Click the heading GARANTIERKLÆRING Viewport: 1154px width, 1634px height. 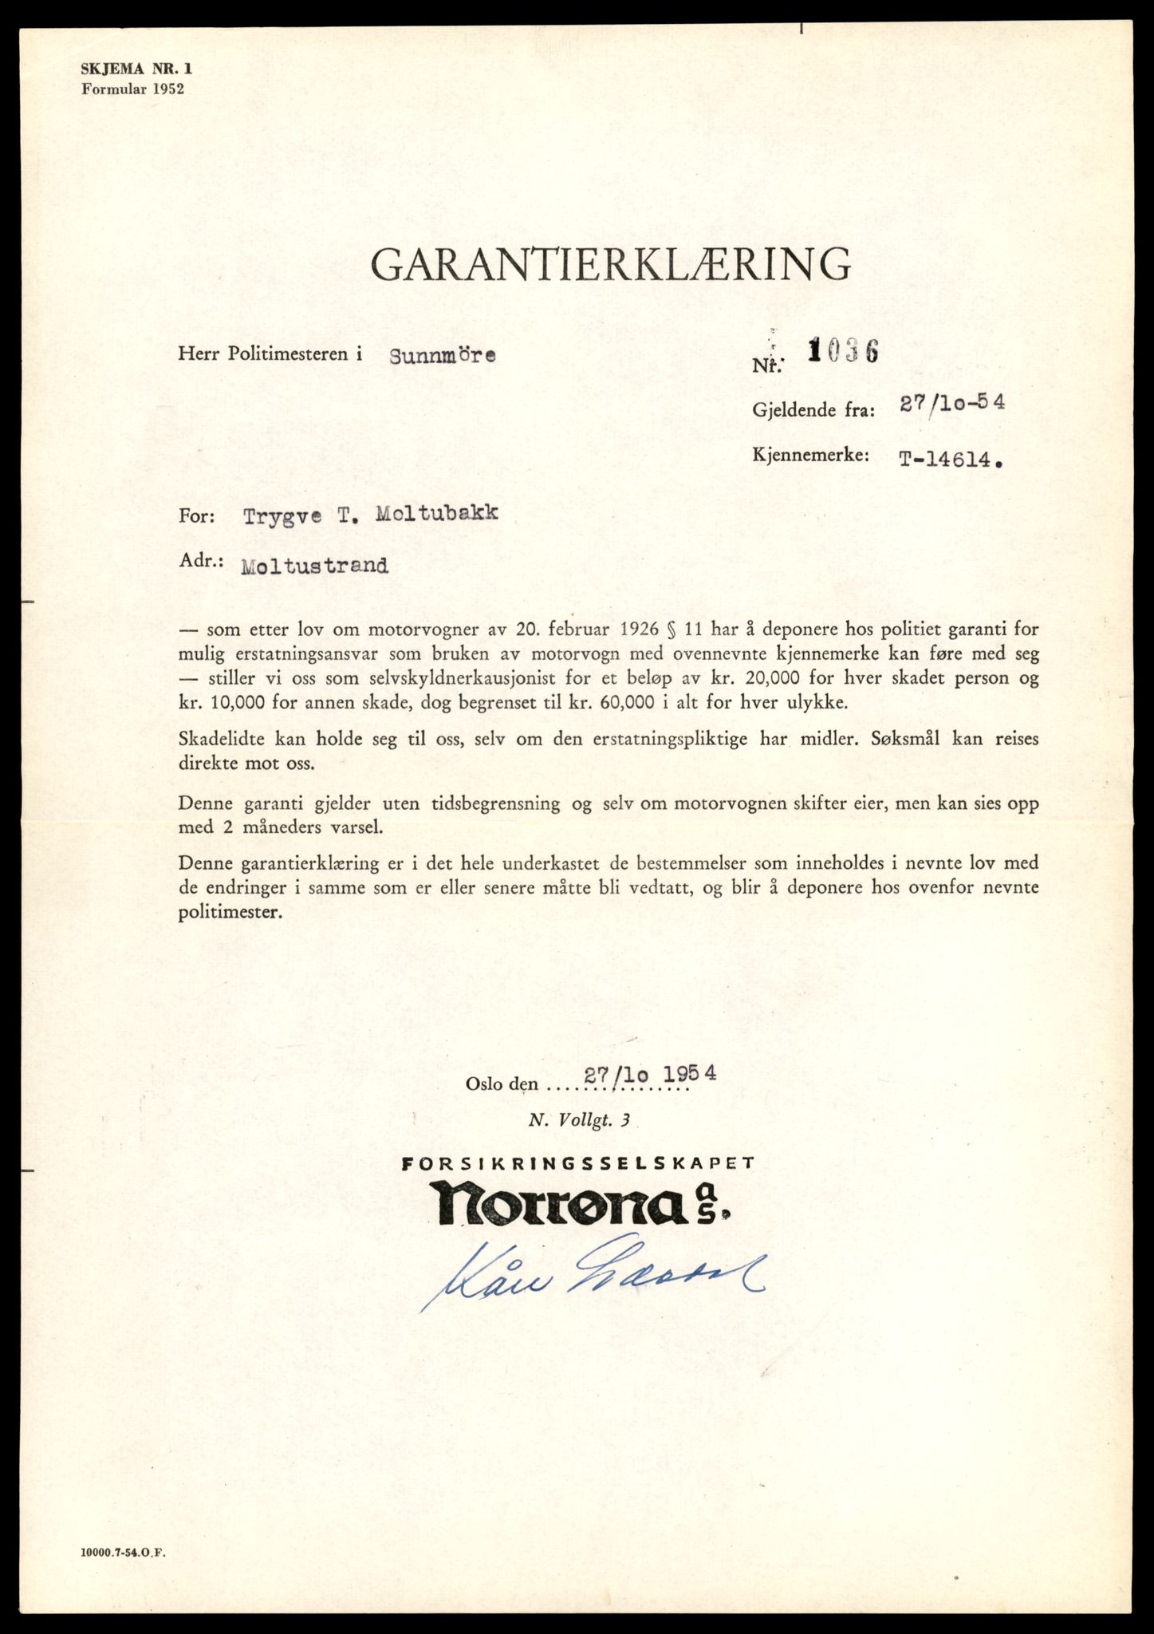(x=610, y=264)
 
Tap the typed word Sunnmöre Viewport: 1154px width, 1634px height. (x=443, y=356)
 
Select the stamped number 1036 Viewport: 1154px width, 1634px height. (x=843, y=351)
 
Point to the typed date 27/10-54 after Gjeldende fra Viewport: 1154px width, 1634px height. (x=951, y=403)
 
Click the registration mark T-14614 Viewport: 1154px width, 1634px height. (x=949, y=459)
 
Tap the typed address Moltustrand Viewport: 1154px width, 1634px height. (x=315, y=566)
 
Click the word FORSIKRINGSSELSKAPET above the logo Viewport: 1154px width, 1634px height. (x=578, y=1163)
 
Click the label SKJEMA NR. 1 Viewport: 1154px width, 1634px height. (x=136, y=69)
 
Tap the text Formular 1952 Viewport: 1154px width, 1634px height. (x=132, y=89)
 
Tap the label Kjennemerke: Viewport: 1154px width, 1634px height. (x=809, y=456)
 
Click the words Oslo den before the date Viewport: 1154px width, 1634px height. (x=502, y=1084)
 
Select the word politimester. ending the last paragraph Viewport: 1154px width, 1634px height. (x=230, y=912)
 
